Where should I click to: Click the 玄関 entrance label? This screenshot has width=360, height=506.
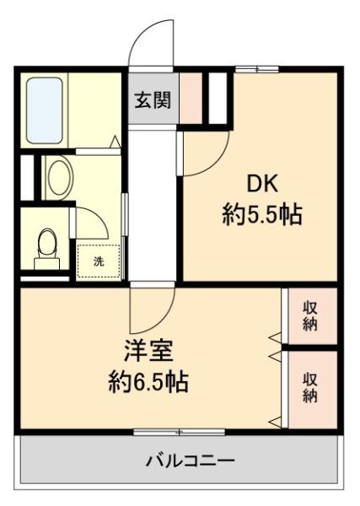click(153, 100)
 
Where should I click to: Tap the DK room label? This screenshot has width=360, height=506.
click(262, 184)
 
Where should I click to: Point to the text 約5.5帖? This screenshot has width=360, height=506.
click(262, 214)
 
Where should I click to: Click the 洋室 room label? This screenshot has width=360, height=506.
click(149, 351)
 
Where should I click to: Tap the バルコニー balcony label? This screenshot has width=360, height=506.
click(190, 460)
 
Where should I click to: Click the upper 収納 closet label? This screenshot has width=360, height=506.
click(310, 316)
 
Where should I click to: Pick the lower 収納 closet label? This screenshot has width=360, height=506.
click(310, 388)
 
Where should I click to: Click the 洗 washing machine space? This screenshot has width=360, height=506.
click(99, 261)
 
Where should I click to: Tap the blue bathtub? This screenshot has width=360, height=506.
click(44, 110)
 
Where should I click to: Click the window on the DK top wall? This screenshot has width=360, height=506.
click(257, 69)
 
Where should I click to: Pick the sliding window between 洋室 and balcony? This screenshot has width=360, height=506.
click(179, 432)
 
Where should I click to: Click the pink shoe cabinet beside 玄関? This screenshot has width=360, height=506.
click(191, 98)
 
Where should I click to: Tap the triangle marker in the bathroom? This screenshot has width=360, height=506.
click(116, 142)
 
